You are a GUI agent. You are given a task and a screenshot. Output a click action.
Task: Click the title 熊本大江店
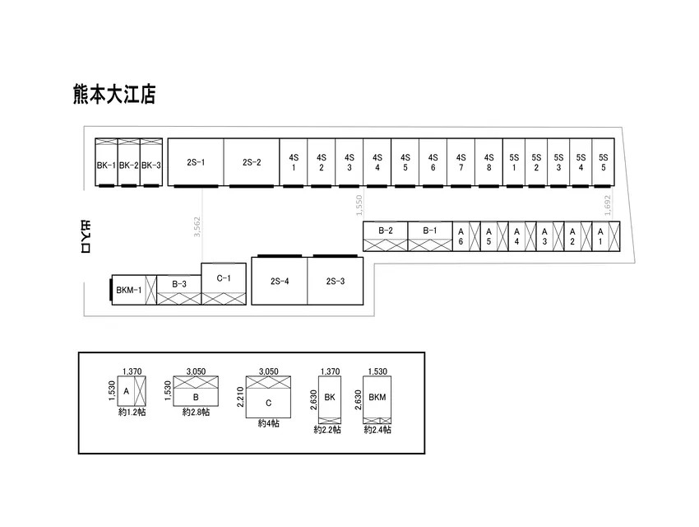click(x=114, y=94)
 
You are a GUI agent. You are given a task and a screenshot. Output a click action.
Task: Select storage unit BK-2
click(x=129, y=162)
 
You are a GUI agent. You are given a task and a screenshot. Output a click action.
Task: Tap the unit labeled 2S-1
click(x=196, y=162)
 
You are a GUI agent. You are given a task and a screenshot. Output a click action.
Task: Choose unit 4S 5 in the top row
click(x=405, y=162)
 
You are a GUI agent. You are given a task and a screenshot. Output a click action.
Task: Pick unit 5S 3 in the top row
click(x=558, y=162)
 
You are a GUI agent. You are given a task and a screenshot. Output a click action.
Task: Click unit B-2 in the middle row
click(x=386, y=236)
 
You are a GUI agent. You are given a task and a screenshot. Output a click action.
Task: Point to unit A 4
click(x=522, y=236)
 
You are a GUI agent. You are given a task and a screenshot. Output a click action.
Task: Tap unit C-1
click(x=224, y=284)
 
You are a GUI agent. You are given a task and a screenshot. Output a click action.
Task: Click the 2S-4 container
click(x=280, y=281)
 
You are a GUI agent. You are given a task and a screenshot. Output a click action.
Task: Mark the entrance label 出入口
click(x=86, y=236)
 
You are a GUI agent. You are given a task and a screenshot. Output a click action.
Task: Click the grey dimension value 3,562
click(x=197, y=226)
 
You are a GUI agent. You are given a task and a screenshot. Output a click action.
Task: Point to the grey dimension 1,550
click(x=359, y=205)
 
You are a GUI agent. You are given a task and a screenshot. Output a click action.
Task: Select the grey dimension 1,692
click(x=607, y=205)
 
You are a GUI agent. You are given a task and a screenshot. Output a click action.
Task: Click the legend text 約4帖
click(x=268, y=423)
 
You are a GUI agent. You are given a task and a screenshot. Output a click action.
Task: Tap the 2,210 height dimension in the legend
click(x=240, y=397)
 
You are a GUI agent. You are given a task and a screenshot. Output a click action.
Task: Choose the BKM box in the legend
click(x=377, y=400)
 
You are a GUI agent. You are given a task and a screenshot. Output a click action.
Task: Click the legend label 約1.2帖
click(x=132, y=412)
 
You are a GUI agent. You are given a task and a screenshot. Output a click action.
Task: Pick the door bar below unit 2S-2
click(x=252, y=186)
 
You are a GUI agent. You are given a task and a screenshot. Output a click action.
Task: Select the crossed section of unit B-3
click(x=179, y=299)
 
